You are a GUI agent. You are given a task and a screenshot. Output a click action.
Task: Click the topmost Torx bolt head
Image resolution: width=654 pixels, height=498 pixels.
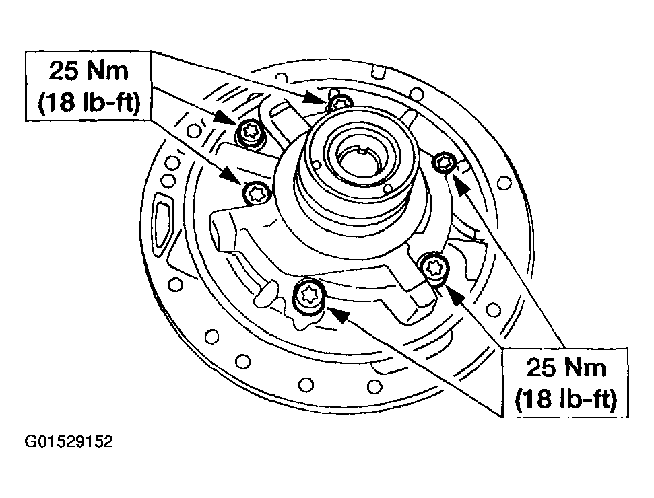(340, 103)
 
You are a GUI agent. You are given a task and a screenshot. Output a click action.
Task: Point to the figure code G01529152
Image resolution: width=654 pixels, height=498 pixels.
(69, 442)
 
